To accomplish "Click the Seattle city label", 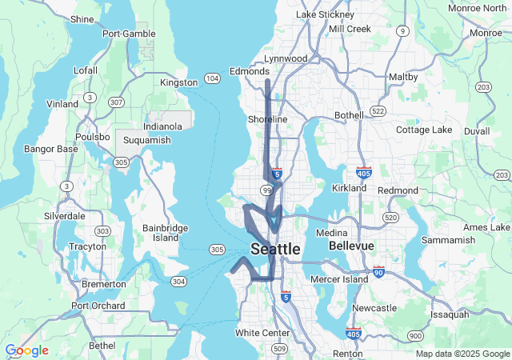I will click(276, 250).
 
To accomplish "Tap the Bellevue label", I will click(351, 245).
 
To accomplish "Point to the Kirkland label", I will click(349, 188).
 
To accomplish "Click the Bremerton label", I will click(103, 284).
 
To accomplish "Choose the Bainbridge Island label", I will click(166, 233).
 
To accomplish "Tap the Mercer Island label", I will click(337, 279).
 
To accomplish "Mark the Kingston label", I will click(179, 82).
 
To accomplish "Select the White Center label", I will click(262, 332).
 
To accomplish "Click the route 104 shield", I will click(212, 78).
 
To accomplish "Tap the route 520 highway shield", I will click(391, 217).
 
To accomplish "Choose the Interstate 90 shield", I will click(378, 273).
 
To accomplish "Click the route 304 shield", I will click(178, 282).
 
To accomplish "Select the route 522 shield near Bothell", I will click(378, 110).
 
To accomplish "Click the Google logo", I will click(26, 350).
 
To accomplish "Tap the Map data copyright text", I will click(462, 354).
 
